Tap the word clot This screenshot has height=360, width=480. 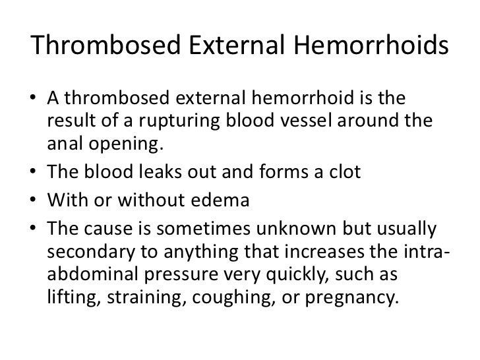343,173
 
